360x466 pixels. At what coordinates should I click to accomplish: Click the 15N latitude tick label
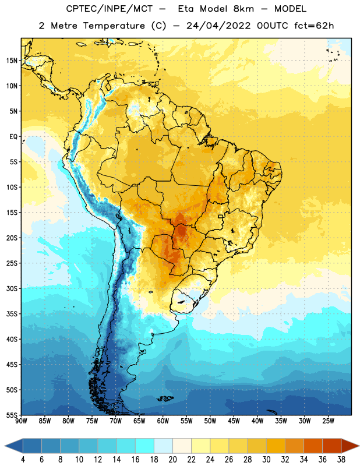pos(12,61)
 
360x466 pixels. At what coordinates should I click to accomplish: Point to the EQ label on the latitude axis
pos(13,137)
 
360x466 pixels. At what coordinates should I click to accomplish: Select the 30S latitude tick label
pos(12,288)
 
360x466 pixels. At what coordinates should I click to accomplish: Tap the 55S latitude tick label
pos(12,415)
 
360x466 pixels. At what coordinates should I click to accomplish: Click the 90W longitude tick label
pos(21,421)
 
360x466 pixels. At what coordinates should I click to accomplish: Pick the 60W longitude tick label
pos(163,421)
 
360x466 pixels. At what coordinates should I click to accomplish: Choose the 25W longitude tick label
pos(328,421)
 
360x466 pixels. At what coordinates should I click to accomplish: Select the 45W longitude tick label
pos(234,421)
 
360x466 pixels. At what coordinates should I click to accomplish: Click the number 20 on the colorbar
pos(172,460)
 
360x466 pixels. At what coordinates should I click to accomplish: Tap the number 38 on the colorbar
pos(341,460)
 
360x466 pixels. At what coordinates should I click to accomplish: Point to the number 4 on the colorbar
pos(23,460)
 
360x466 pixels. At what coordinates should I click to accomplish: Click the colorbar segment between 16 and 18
pos(145,446)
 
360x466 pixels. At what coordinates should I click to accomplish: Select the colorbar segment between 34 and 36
pos(313,446)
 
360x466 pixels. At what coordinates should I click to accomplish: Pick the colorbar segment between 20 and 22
pos(182,446)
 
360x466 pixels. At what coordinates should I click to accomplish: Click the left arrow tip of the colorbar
pos(5,446)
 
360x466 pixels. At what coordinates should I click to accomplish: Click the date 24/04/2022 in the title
pos(218,26)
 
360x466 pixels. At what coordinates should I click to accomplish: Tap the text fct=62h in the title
pos(314,26)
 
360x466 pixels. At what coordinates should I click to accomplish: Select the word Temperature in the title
pos(114,26)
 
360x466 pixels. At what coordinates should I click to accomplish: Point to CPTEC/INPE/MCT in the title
pos(109,9)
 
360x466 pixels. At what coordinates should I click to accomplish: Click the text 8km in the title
pos(243,9)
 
